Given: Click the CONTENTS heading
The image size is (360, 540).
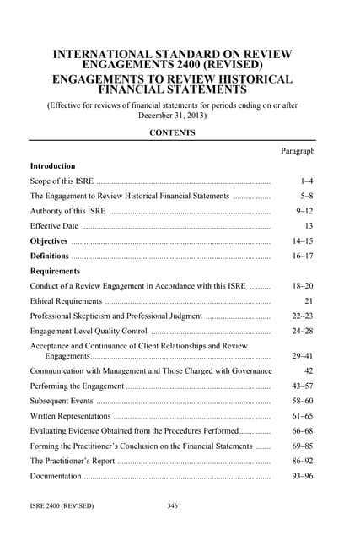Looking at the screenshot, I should [x=172, y=132].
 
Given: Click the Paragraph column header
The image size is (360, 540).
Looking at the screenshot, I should [x=297, y=151].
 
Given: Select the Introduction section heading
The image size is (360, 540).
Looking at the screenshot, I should [x=52, y=166].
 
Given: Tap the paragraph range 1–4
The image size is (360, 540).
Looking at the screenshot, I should [x=306, y=181].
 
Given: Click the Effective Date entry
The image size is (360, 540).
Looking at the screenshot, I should [x=54, y=226].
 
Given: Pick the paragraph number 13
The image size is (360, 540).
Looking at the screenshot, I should [x=309, y=226].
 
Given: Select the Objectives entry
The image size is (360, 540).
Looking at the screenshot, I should [x=49, y=241].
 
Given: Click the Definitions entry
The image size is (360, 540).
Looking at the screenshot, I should [x=50, y=256].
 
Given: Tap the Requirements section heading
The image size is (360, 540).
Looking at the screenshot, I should [x=55, y=271].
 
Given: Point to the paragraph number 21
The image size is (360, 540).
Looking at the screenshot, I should [x=309, y=300].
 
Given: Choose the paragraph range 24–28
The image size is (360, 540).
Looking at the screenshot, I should [x=303, y=331].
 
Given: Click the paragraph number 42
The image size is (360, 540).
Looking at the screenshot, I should [x=309, y=370].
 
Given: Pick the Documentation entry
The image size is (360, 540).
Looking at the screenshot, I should [x=56, y=476].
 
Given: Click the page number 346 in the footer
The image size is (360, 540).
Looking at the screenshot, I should [x=173, y=505].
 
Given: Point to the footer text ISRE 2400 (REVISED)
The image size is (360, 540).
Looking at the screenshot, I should [x=62, y=505].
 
